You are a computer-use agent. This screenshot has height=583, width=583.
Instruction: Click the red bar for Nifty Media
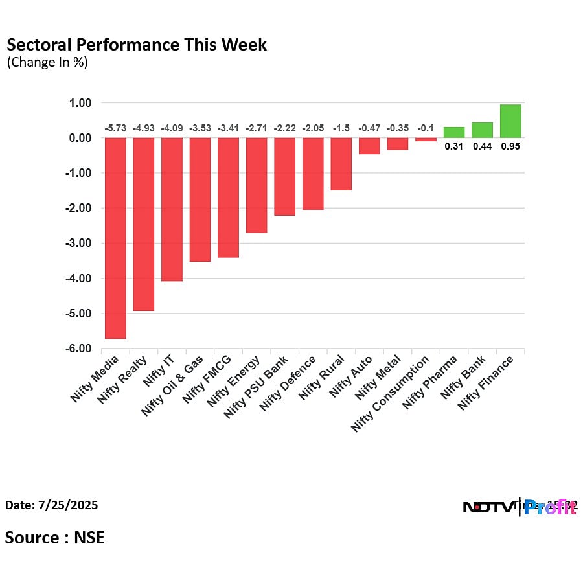[x=115, y=238]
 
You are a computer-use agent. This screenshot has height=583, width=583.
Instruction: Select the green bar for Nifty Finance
[x=510, y=121]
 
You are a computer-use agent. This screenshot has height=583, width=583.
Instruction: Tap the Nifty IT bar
[x=172, y=209]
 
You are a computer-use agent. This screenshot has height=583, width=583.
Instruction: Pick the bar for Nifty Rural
[x=341, y=164]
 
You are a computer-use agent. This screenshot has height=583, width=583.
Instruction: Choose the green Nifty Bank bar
[x=482, y=130]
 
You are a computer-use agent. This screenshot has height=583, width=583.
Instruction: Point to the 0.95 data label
[x=510, y=146]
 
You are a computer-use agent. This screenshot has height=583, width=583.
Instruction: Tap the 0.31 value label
[x=454, y=146]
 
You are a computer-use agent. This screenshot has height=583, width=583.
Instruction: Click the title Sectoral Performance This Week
[x=136, y=45]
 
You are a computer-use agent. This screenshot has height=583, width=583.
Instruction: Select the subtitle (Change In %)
[x=47, y=63]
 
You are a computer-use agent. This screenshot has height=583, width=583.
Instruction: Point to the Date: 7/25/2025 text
[x=52, y=505]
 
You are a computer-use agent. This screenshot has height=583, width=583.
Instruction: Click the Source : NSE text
[x=55, y=538]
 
